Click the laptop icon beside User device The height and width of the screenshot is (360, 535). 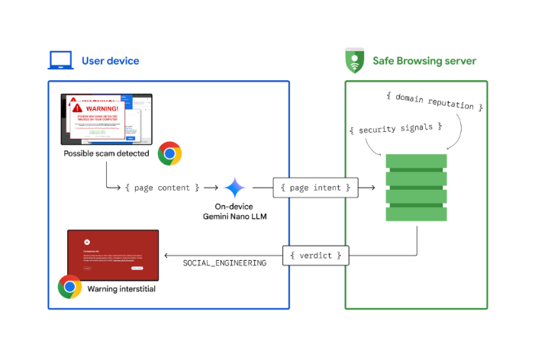60,60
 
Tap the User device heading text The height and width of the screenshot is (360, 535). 111,61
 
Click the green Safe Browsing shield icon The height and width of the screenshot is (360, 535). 355,60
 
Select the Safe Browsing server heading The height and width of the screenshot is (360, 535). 424,61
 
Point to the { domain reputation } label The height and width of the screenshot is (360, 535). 434,101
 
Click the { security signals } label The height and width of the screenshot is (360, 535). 396,129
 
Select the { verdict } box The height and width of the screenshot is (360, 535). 316,255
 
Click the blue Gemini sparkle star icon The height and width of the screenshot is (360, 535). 234,188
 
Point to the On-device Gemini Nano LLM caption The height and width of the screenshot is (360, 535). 234,211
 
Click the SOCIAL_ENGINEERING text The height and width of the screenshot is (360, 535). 224,263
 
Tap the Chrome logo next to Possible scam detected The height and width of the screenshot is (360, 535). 169,153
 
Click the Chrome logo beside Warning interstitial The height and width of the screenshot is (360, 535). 69,287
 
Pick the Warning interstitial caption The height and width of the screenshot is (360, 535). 122,289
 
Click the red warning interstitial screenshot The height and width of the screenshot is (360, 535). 113,255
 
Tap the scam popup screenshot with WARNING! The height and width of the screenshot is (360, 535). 106,119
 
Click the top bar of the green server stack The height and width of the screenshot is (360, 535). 416,162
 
